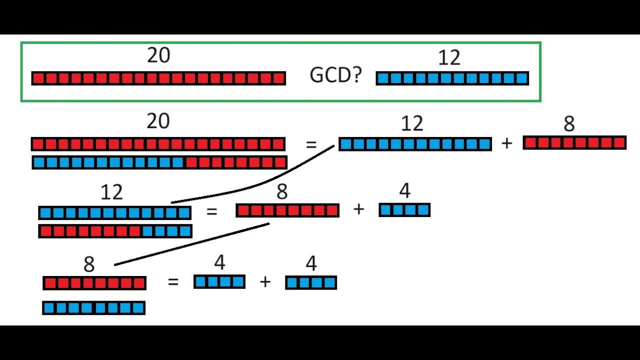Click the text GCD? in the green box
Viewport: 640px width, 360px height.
(335, 75)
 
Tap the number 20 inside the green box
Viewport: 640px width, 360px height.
(158, 55)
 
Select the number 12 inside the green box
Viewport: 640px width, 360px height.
(448, 58)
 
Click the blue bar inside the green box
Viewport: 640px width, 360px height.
(452, 78)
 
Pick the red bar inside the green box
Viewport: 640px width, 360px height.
(158, 78)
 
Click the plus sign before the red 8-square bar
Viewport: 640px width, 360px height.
(507, 143)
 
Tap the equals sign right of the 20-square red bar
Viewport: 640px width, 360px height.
(311, 145)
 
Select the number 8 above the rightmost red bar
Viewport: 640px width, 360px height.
(569, 124)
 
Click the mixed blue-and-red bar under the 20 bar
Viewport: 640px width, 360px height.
(159, 162)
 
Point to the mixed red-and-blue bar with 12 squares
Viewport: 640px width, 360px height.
(115, 231)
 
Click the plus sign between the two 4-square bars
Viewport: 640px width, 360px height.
(265, 282)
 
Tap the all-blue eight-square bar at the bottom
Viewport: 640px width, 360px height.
(94, 307)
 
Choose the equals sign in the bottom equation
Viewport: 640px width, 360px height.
(173, 282)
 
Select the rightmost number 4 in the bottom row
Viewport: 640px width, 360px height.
(311, 263)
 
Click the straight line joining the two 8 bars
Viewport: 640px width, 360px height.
(192, 243)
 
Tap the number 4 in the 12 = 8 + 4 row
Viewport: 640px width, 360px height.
(404, 191)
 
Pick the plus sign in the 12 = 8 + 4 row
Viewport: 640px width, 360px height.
(358, 209)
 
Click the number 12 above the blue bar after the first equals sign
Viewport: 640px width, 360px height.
(412, 123)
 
